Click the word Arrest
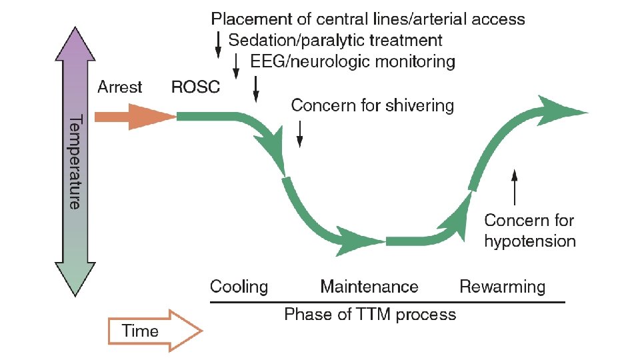click(x=120, y=87)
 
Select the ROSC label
click(x=195, y=87)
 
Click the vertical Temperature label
click(x=77, y=161)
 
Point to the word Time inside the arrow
click(x=141, y=331)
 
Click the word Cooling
click(x=239, y=287)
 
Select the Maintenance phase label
click(x=369, y=287)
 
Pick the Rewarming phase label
click(x=502, y=287)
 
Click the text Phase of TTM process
click(x=370, y=314)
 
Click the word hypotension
click(x=530, y=241)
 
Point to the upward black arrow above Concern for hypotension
click(x=514, y=187)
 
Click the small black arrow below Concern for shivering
click(x=299, y=133)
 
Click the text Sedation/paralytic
click(x=297, y=40)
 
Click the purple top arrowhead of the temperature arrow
click(x=77, y=47)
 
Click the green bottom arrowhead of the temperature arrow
click(x=77, y=280)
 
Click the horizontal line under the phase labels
click(x=387, y=302)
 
